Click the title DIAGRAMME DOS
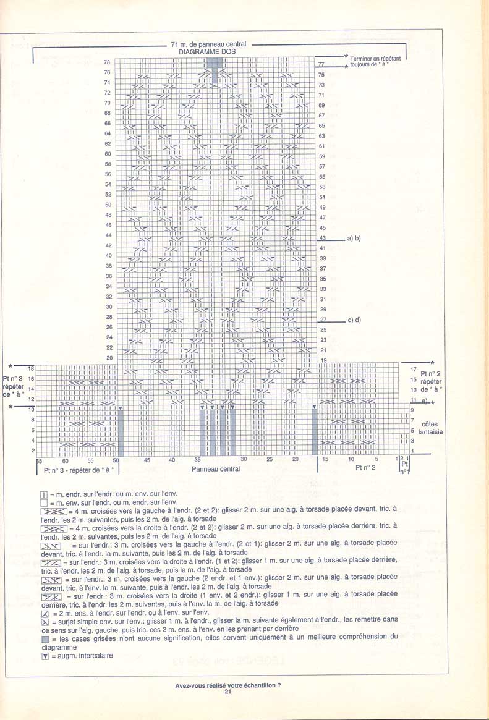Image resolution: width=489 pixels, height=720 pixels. (x=208, y=53)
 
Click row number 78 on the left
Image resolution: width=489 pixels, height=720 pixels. (x=107, y=62)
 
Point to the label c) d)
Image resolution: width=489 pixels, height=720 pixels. (x=354, y=320)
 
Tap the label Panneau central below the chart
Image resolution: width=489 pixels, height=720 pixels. (x=216, y=469)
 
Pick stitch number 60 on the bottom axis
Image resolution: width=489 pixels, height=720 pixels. (x=65, y=460)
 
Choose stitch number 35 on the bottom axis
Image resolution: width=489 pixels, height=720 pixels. (x=197, y=460)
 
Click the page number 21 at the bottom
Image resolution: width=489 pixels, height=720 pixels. (x=228, y=692)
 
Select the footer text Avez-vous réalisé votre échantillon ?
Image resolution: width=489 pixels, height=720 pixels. (x=228, y=685)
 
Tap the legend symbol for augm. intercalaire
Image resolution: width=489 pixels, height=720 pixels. (x=43, y=655)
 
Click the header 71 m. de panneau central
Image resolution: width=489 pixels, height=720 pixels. (x=209, y=44)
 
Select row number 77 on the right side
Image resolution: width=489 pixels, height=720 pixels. (x=321, y=64)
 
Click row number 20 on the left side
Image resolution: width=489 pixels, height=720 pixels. (x=109, y=358)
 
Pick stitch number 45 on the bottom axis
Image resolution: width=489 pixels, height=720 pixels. (x=147, y=460)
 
